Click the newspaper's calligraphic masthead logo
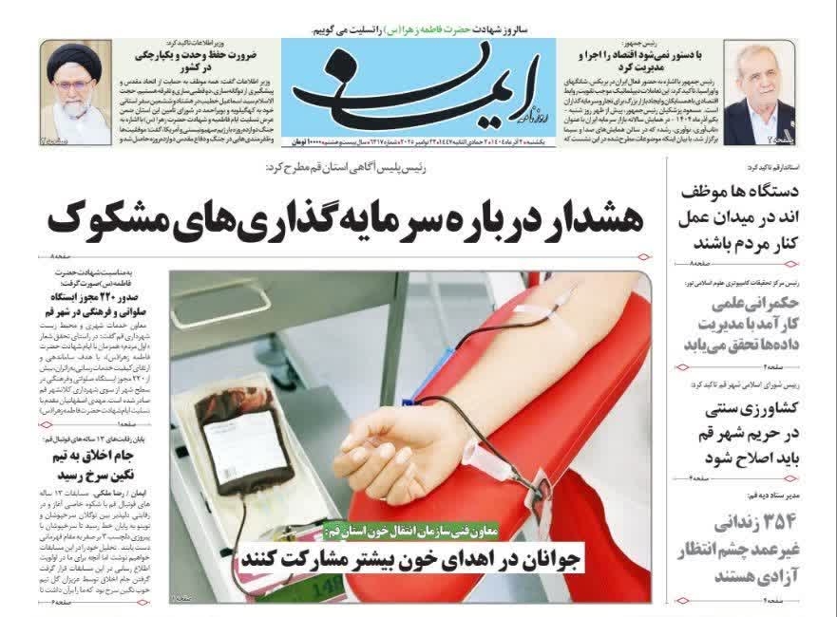(418, 90)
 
